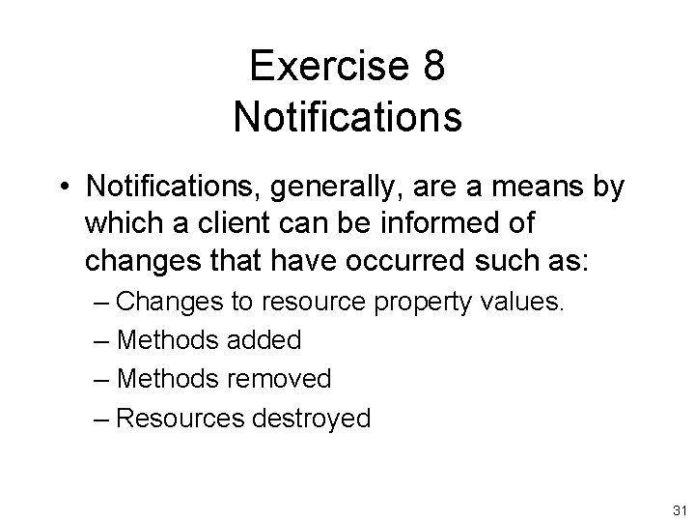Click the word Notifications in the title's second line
(347, 115)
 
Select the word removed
(280, 378)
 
